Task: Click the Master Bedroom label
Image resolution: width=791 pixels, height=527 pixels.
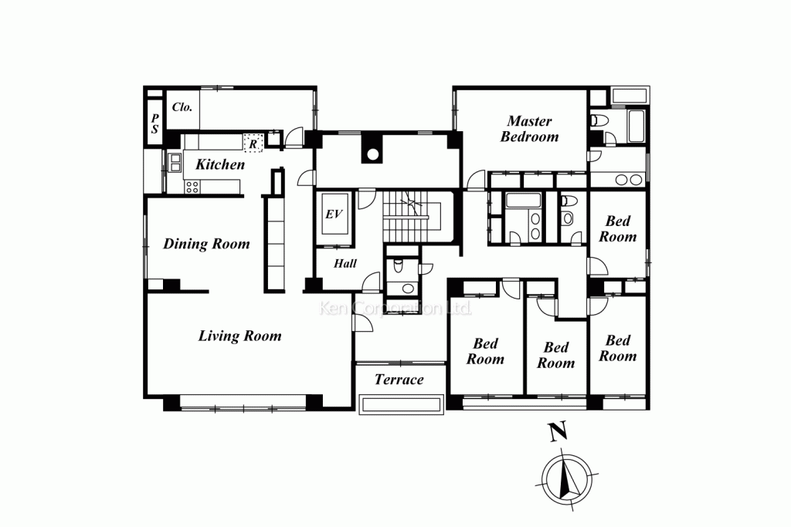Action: [x=529, y=129]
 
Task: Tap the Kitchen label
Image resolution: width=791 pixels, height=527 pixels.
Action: [x=220, y=164]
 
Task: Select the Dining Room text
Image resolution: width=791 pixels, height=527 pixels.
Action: [x=206, y=244]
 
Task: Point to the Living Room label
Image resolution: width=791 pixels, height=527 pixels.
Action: [x=239, y=336]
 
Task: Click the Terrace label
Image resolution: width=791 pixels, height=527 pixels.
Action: [x=399, y=380]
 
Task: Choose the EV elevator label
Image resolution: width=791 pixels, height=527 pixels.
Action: [x=334, y=215]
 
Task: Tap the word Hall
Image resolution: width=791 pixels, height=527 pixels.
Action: [x=345, y=263]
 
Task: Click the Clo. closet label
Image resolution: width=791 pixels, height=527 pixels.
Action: [x=182, y=106]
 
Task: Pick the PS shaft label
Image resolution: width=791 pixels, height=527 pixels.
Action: [x=154, y=123]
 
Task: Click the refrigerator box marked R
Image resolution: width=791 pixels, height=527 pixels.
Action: [x=253, y=143]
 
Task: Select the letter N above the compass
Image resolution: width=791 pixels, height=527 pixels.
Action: [x=558, y=432]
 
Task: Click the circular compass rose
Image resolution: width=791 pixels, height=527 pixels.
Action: [x=567, y=479]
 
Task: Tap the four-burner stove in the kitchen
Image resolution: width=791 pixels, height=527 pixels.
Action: [x=192, y=187]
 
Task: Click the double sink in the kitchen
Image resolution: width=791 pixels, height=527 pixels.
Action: [x=175, y=162]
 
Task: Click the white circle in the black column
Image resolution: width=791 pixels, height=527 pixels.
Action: [x=372, y=154]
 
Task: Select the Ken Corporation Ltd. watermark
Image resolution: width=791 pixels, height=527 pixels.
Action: [x=395, y=308]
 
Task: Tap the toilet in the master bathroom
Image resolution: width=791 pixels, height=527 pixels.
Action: [x=599, y=121]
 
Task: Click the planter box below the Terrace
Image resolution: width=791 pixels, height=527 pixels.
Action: [x=402, y=405]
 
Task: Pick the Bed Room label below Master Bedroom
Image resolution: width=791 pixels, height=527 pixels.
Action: [x=617, y=228]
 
